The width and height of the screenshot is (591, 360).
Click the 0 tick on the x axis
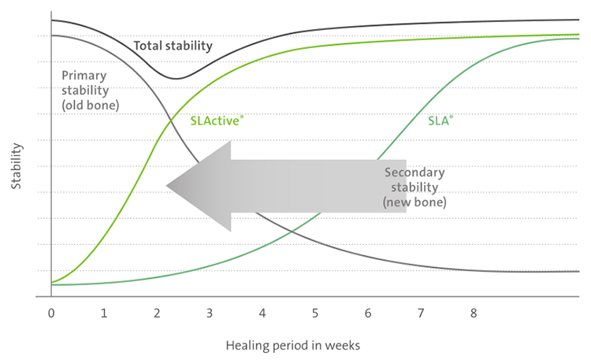pyautogui.click(x=51, y=313)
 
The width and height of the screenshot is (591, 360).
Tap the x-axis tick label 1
pyautogui.click(x=104, y=313)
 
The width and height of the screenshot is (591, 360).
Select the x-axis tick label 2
pyautogui.click(x=157, y=313)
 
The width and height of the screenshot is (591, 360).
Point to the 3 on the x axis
pyautogui.click(x=210, y=313)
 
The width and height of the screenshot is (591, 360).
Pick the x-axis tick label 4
pyautogui.click(x=262, y=313)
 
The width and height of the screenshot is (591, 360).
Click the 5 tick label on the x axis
pyautogui.click(x=315, y=313)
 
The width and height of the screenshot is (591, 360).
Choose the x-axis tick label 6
pyautogui.click(x=368, y=313)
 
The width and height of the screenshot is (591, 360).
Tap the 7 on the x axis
pyautogui.click(x=421, y=313)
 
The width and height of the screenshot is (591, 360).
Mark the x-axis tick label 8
pyautogui.click(x=474, y=313)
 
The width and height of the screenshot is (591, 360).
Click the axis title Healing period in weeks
pyautogui.click(x=293, y=345)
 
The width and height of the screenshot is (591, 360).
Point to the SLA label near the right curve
pyautogui.click(x=440, y=121)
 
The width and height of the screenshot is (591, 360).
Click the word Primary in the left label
pyautogui.click(x=84, y=76)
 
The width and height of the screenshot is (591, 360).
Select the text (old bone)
pyautogui.click(x=90, y=104)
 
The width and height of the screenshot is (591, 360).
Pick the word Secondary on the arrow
pyautogui.click(x=414, y=173)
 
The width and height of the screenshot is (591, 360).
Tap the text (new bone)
pyautogui.click(x=414, y=202)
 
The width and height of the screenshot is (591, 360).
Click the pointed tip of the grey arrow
pyautogui.click(x=167, y=187)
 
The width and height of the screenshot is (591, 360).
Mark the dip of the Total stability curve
pyautogui.click(x=177, y=79)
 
